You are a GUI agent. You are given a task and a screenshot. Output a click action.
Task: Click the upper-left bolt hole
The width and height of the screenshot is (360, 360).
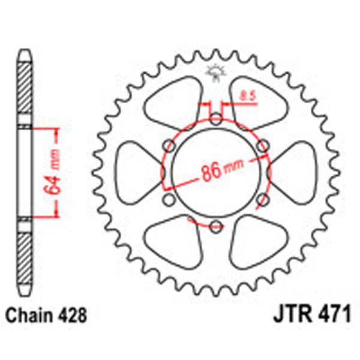(x=168, y=144)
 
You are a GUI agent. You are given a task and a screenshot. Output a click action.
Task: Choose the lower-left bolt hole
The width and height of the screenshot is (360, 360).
(x=168, y=199)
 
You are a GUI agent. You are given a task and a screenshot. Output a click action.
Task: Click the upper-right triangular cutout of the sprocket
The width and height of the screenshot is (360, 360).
(x=256, y=102)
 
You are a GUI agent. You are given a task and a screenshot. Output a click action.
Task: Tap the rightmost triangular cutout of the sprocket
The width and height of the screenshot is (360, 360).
(x=295, y=172)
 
